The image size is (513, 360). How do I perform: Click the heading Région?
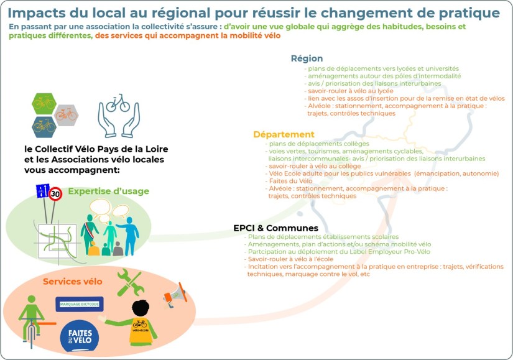coord(307,58)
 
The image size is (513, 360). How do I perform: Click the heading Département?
coord(284,134)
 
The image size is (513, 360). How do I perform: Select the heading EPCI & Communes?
coord(275,228)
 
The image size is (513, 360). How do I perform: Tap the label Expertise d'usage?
coord(109,191)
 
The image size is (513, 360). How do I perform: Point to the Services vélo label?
coord(72,282)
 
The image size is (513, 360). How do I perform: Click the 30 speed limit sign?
coord(56,194)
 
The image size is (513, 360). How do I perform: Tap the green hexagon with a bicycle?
coord(44,103)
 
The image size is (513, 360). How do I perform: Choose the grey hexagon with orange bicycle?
coord(66,114)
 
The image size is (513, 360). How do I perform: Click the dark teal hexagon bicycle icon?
coord(44,126)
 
